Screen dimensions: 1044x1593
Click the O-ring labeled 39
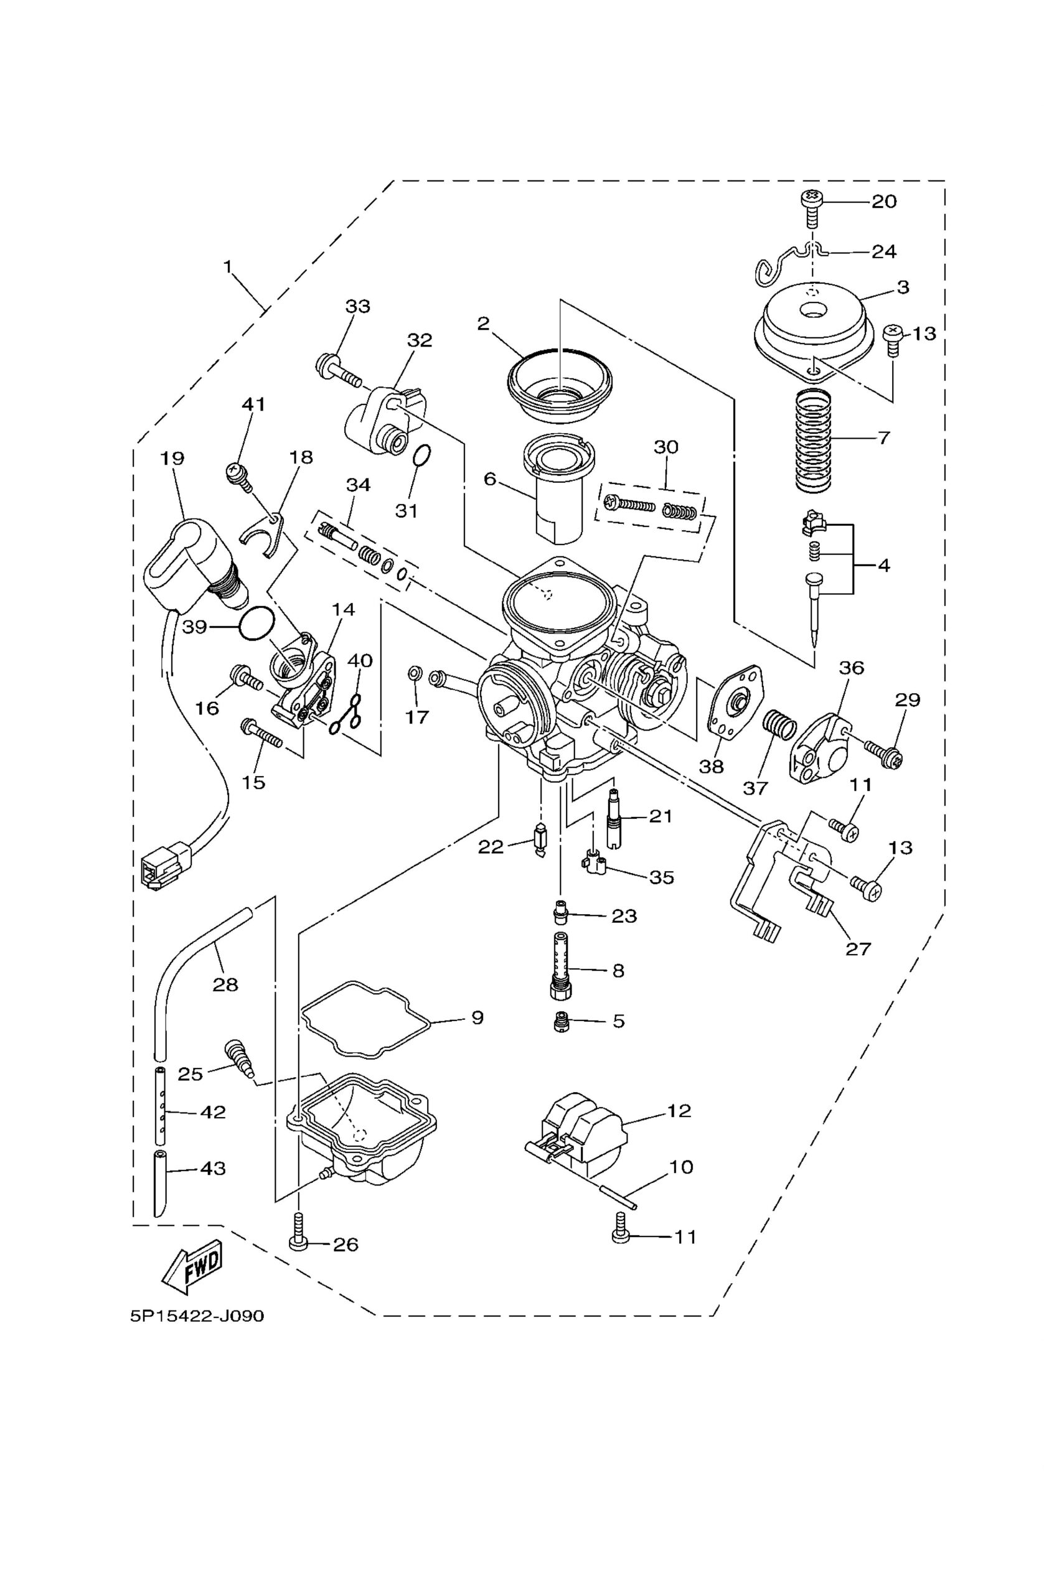(256, 623)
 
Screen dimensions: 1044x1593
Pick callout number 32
(420, 340)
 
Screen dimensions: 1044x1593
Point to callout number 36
(851, 667)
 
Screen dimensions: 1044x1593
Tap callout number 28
(226, 984)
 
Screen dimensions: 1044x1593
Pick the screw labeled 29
(883, 750)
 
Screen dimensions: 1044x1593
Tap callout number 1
(228, 267)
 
